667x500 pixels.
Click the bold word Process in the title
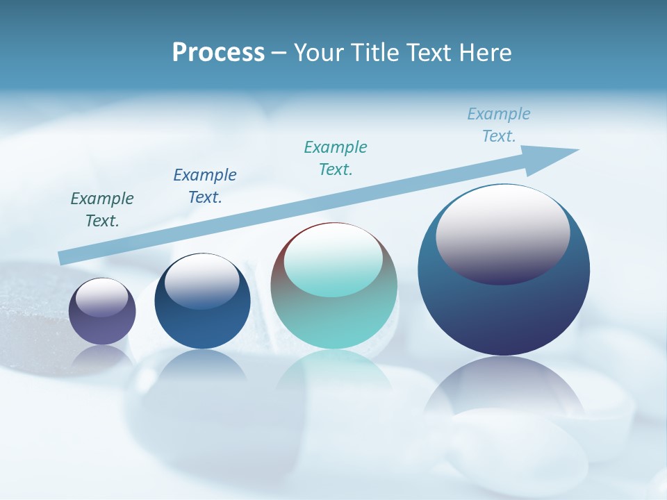pyautogui.click(x=218, y=53)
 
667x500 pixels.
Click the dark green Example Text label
pyautogui.click(x=102, y=210)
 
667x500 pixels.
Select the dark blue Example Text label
pyautogui.click(x=205, y=186)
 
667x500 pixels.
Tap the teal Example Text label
pyautogui.click(x=336, y=158)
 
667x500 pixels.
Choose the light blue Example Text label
pyautogui.click(x=499, y=125)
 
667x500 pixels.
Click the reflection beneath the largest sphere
pyautogui.click(x=504, y=389)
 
